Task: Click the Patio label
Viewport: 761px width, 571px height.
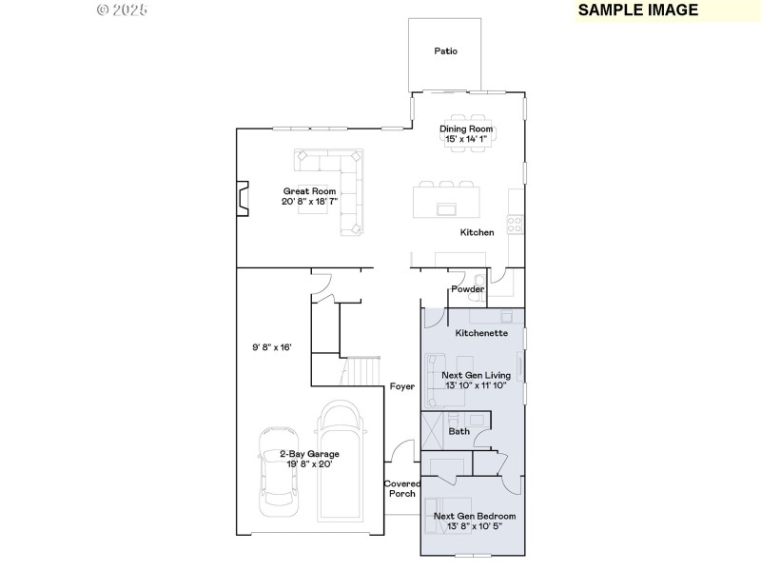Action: tap(446, 51)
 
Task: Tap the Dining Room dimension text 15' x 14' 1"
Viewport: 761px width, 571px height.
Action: tap(466, 139)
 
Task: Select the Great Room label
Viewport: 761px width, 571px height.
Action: tap(309, 191)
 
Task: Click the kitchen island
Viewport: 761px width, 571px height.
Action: tap(445, 203)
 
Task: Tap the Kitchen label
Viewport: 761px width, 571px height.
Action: tap(477, 232)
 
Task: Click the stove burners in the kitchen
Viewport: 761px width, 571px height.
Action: tap(514, 225)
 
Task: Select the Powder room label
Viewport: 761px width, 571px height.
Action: tap(467, 289)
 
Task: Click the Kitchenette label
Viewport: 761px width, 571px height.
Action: tap(481, 333)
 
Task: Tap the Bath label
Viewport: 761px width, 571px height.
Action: tap(459, 431)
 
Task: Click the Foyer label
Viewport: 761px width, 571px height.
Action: tap(401, 386)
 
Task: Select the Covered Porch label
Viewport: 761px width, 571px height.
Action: tap(400, 488)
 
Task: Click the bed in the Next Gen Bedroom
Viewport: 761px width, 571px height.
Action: tap(447, 519)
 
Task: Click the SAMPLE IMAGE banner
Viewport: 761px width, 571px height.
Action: tap(638, 10)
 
